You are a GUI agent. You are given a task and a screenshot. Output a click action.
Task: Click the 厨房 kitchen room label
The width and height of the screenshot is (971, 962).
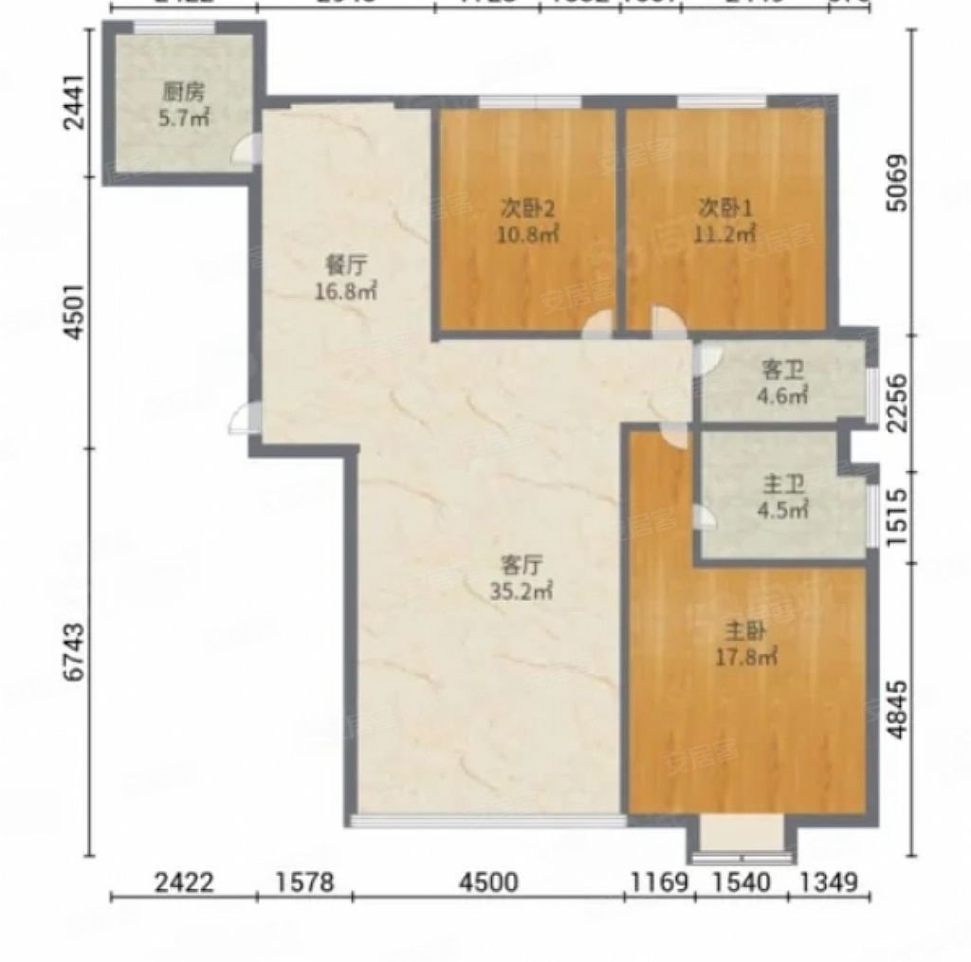183,93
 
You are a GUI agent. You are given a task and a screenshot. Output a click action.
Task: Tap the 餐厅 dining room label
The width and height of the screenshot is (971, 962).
346,268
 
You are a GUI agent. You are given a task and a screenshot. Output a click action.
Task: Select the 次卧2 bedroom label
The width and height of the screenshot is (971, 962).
524,207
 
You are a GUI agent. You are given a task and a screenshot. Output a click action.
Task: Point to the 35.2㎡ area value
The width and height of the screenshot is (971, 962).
522,590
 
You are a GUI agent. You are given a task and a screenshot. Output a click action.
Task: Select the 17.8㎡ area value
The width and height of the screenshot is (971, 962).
746,655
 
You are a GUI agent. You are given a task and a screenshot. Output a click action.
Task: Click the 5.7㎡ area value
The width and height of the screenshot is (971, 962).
183,117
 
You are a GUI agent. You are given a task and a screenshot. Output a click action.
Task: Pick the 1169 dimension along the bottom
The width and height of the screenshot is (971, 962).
659,883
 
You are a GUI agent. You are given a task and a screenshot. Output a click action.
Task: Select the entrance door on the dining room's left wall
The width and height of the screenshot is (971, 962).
243,418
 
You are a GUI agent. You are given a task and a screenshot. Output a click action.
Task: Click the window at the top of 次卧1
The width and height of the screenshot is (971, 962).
722,101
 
